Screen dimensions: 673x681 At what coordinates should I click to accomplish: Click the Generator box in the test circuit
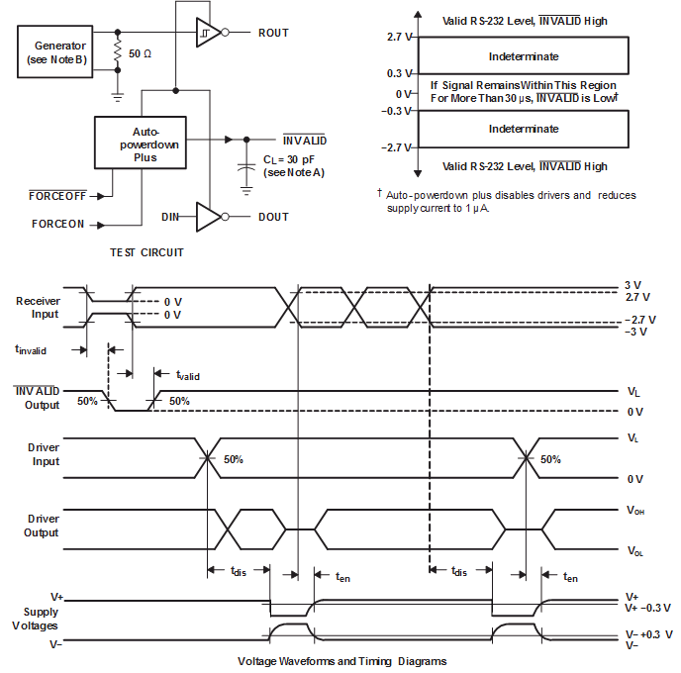pos(59,52)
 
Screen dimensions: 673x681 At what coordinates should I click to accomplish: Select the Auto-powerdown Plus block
pos(146,144)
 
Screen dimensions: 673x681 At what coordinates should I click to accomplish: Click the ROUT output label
pos(273,33)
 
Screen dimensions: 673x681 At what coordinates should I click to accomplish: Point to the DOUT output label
pos(273,217)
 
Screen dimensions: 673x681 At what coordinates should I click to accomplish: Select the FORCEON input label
pos(58,224)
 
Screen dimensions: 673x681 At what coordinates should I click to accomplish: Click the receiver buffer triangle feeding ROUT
pos(207,33)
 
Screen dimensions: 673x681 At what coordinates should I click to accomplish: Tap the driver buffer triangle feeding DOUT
pos(207,217)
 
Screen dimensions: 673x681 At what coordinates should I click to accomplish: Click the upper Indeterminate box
pos(523,56)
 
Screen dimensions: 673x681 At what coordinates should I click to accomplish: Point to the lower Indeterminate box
pos(523,129)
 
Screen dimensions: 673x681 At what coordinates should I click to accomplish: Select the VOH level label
pos(634,512)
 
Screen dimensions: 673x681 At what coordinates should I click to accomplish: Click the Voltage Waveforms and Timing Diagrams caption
pos(342,660)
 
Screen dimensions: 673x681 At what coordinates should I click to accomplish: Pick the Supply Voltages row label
pos(35,619)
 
